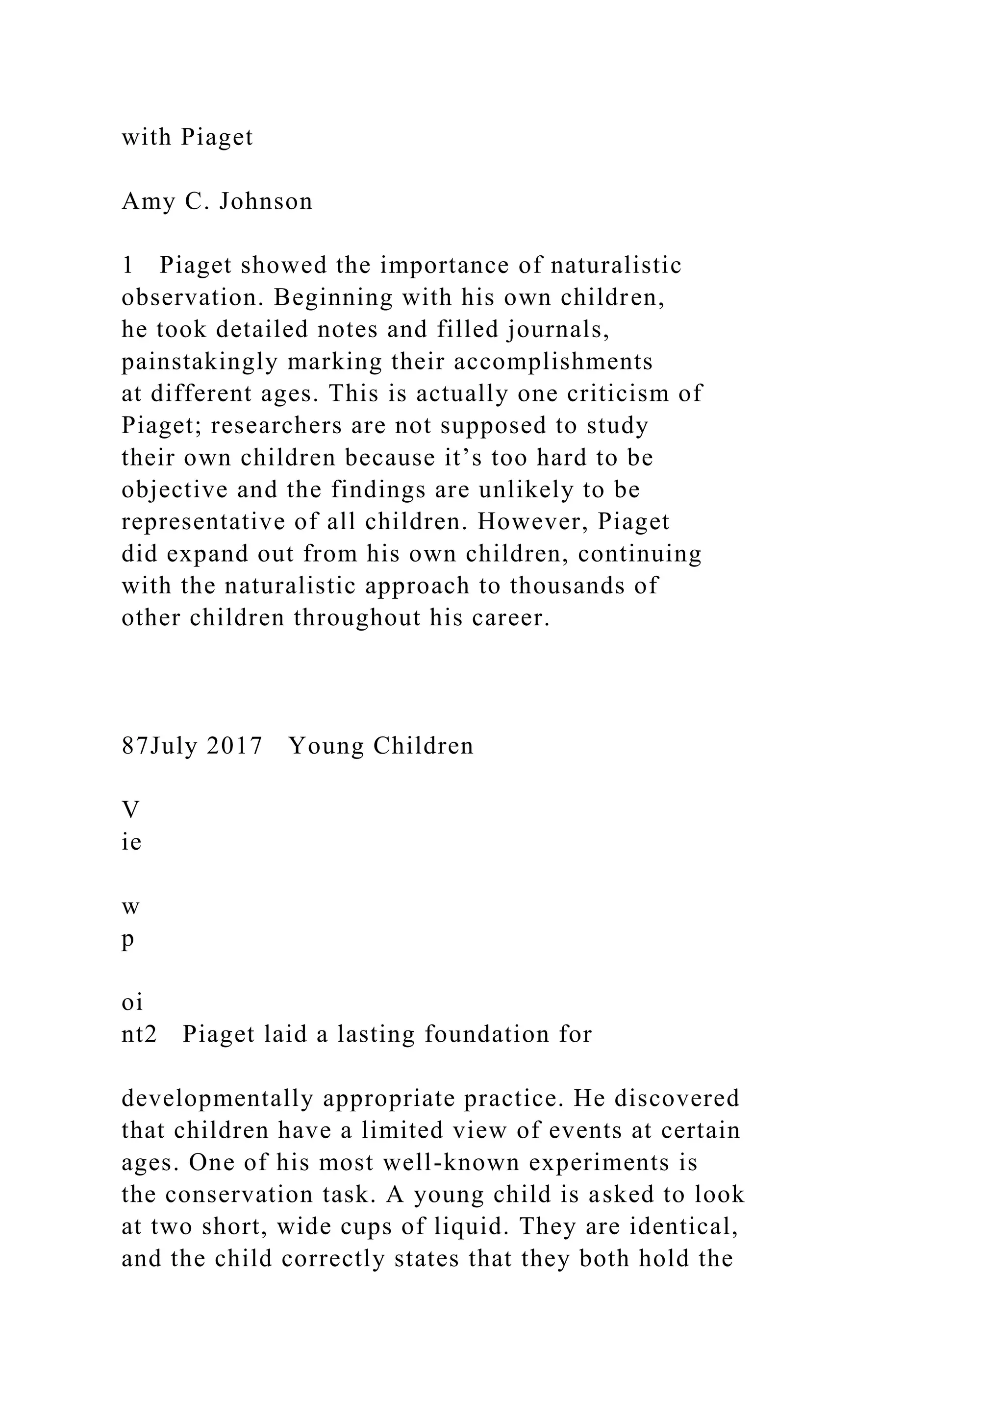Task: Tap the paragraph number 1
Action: tap(127, 266)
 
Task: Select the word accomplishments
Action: tap(553, 362)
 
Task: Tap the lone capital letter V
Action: tap(130, 809)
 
